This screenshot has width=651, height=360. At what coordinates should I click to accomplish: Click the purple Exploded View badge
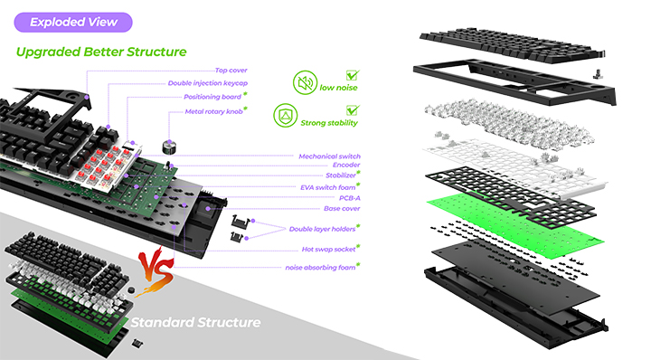point(73,22)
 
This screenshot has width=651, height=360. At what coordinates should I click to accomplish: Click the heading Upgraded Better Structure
point(101,52)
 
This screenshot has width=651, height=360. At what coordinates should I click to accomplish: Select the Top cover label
point(231,71)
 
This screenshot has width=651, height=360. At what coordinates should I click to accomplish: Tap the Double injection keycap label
point(208,83)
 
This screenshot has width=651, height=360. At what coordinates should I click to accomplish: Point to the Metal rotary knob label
point(213,111)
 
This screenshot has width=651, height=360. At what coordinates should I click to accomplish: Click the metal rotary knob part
point(169,147)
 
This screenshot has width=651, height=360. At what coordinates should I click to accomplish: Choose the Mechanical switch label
point(330,156)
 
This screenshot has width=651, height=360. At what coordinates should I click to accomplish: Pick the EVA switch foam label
point(328,187)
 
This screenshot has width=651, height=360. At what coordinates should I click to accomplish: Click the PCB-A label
point(350,198)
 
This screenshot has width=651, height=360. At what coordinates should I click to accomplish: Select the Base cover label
point(342,208)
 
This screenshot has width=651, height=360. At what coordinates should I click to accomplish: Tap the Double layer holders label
point(322,229)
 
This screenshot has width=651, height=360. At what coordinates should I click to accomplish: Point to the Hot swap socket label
point(328,249)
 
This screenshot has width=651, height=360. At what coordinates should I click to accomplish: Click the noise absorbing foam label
point(320,268)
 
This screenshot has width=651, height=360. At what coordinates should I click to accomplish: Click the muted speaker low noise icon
point(306,82)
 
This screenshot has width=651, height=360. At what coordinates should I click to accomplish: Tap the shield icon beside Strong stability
point(286,116)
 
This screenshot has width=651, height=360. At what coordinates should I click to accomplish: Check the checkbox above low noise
point(353,75)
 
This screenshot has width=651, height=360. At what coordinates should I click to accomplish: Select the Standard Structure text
point(195,322)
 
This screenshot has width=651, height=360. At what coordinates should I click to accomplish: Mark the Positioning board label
point(212,97)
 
